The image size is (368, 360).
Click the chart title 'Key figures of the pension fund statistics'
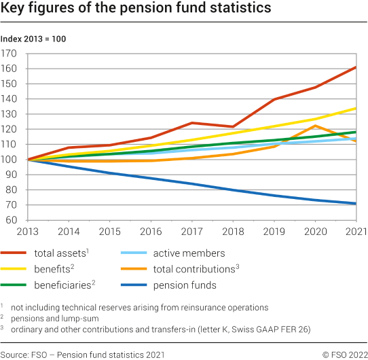tap(136, 10)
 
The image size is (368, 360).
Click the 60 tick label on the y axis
tap(12, 220)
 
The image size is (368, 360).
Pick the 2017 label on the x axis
tap(193, 231)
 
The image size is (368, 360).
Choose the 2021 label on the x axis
tap(356, 231)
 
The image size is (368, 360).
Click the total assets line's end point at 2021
tap(356, 67)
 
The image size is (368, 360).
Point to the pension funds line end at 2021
tap(356, 203)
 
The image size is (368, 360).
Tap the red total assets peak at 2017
tap(193, 123)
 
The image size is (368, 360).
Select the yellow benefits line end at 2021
tap(356, 108)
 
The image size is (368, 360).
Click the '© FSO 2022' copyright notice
tap(345, 354)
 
